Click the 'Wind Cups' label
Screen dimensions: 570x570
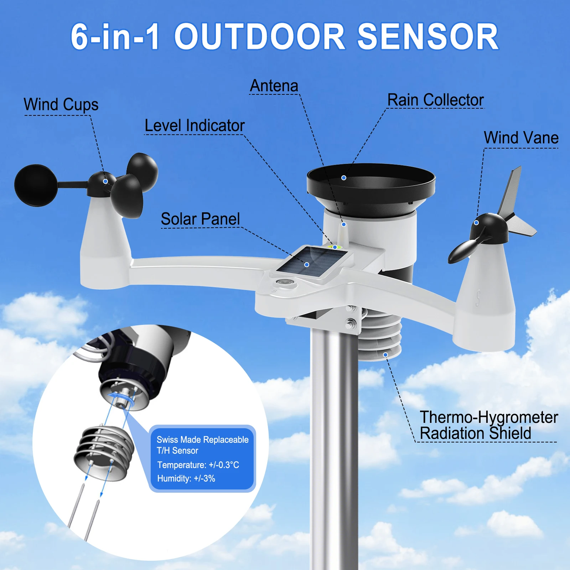61,105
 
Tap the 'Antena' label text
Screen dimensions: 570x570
274,86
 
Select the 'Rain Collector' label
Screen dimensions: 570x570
435,100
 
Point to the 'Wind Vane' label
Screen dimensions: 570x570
521,138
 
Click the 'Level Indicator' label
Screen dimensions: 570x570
195,126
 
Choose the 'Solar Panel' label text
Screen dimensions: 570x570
200,219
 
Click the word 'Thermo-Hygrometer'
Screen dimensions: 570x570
488,417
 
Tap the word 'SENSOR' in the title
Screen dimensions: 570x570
427,37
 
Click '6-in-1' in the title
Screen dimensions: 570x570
115,37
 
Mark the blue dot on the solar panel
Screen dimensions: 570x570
307,265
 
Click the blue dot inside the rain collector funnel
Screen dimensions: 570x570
344,178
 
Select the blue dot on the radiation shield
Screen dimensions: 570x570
385,355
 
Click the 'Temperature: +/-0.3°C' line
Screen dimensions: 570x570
198,465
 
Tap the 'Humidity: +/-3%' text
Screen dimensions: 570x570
186,478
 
